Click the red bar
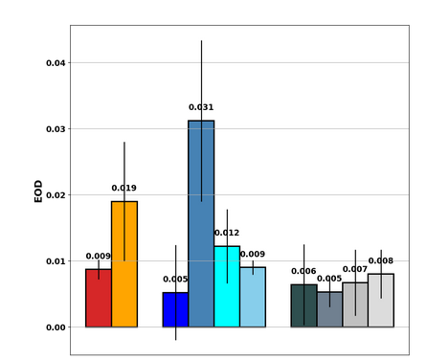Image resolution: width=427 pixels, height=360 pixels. [x=98, y=298]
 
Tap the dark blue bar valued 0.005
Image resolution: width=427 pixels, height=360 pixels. [x=175, y=309]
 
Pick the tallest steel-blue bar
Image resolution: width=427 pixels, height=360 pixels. [x=201, y=224]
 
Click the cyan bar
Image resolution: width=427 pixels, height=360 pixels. [x=227, y=286]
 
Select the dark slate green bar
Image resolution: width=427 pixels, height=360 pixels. [x=303, y=305]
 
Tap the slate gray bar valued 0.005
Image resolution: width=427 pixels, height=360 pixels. [x=329, y=309]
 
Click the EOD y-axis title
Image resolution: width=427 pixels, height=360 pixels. [x=38, y=191]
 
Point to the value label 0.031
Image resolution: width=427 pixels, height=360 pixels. [x=201, y=107]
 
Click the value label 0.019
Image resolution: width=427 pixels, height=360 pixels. [x=124, y=189]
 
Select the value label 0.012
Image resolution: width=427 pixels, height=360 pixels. [x=227, y=233]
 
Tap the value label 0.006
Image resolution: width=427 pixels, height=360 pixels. [x=303, y=271]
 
